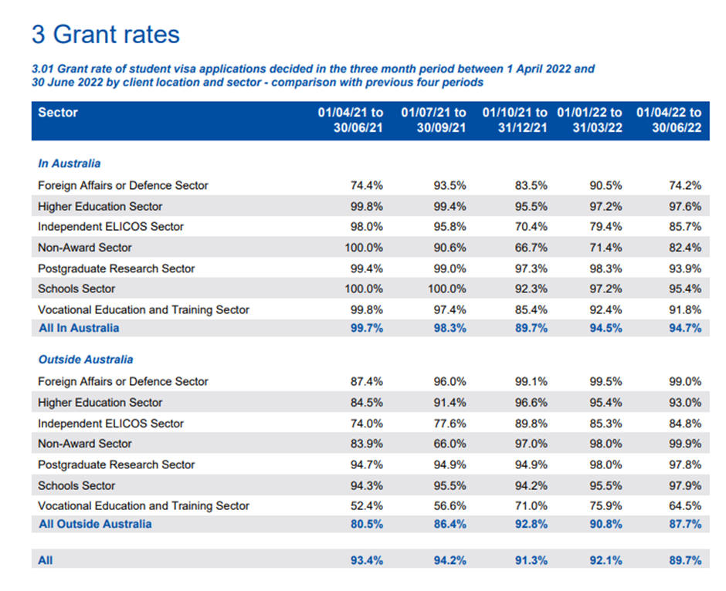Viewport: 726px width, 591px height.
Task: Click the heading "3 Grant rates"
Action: (x=105, y=35)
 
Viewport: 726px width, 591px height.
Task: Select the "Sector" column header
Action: (x=58, y=113)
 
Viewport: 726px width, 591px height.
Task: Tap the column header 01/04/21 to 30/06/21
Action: (x=351, y=120)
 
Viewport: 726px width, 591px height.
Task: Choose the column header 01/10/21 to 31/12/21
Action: (x=515, y=120)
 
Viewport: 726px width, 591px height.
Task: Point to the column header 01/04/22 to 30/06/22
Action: (x=669, y=120)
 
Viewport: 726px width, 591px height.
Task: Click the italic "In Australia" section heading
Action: (x=70, y=164)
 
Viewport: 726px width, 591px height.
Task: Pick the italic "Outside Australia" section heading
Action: (x=86, y=360)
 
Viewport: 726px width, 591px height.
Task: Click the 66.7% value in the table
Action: (x=531, y=248)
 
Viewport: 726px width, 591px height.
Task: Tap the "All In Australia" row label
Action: (x=79, y=328)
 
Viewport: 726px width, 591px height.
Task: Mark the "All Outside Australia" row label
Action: (x=95, y=524)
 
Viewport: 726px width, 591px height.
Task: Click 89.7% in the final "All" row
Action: (x=686, y=561)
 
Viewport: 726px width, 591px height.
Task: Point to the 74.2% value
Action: (x=686, y=186)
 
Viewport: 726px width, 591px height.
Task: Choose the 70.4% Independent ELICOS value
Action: (x=531, y=227)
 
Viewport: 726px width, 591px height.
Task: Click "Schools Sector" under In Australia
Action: (x=76, y=289)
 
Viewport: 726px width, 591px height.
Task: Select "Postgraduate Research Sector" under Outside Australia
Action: (x=117, y=464)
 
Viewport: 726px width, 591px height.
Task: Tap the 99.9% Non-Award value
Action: (x=686, y=444)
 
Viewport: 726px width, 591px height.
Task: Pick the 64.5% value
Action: (x=686, y=506)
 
